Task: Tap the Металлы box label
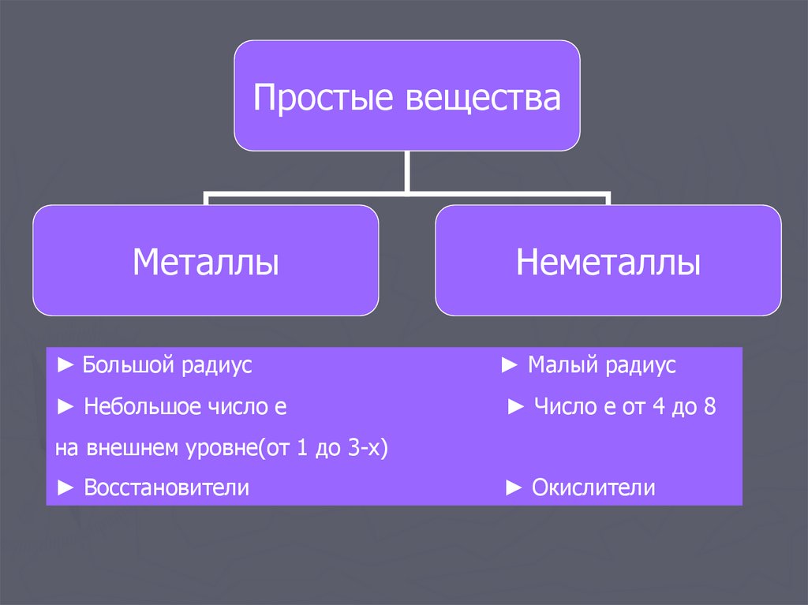205,261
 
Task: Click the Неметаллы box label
608,261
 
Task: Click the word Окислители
593,487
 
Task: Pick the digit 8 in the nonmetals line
709,407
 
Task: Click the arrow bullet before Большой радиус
66,365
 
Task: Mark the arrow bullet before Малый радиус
510,365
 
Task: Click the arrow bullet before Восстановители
66,487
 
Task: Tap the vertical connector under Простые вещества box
407,170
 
